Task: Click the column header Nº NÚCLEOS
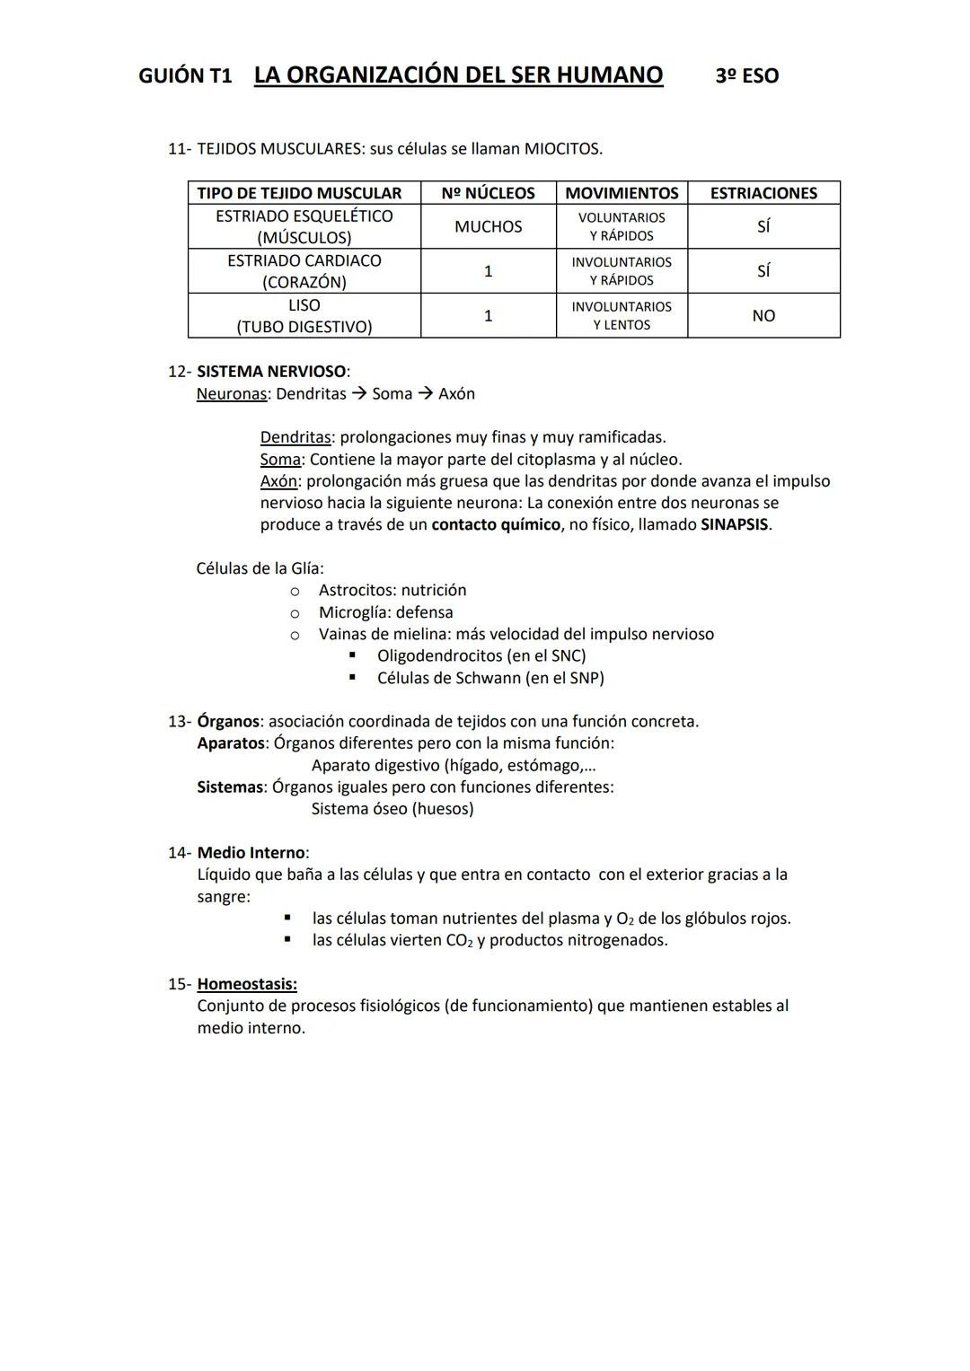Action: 488,193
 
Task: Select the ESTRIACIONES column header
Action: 763,193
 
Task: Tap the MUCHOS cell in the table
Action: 488,226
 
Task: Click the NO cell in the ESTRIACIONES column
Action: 763,315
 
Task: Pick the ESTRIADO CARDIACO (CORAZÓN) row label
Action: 304,271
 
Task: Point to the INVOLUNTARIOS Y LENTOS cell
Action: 622,315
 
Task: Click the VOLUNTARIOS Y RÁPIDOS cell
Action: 622,226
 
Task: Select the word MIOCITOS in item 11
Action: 562,149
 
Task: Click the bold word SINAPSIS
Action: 734,524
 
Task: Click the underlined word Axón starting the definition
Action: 278,480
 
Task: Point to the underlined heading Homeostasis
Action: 247,984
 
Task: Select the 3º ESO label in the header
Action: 746,76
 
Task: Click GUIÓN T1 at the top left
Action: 185,76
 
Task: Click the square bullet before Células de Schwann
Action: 353,677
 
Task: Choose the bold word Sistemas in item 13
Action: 230,787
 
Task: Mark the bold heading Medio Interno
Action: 251,852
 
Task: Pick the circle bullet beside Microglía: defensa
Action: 295,612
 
